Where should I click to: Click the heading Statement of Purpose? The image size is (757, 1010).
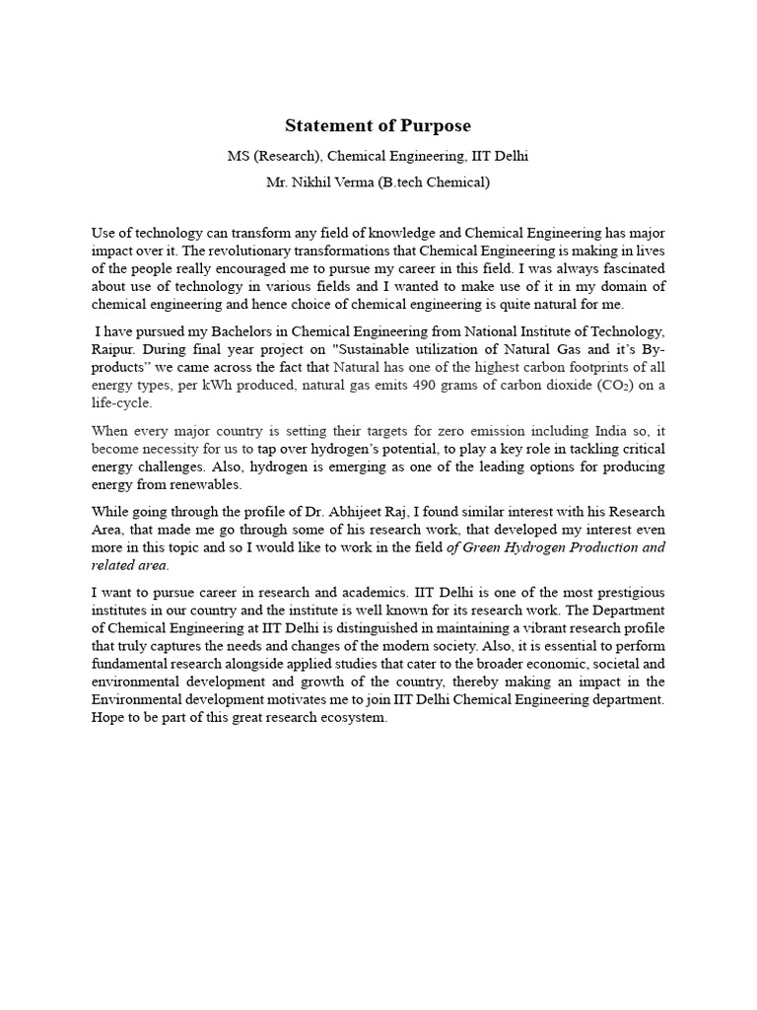pyautogui.click(x=378, y=126)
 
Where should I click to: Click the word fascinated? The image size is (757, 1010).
pyautogui.click(x=631, y=268)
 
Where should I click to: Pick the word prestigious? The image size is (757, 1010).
pyautogui.click(x=629, y=592)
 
